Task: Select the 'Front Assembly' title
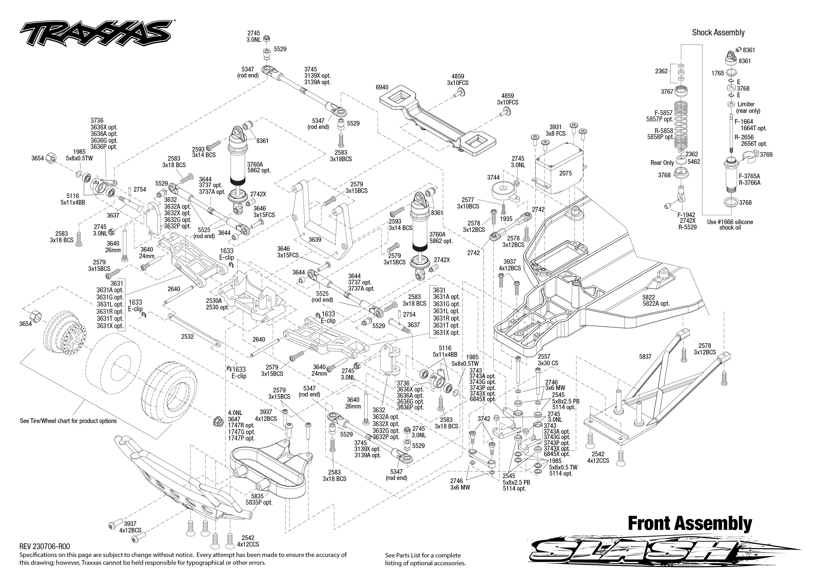pos(690,523)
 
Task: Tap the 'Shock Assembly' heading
pos(718,32)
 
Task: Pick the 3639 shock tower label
pos(315,239)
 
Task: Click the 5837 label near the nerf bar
pos(645,357)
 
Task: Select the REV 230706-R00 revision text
pos(45,546)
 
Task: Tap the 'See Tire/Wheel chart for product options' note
pos(68,421)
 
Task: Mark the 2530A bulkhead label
pos(214,300)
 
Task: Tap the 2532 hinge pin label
pos(187,336)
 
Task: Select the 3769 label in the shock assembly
pos(766,154)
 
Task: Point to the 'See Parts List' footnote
pos(425,559)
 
